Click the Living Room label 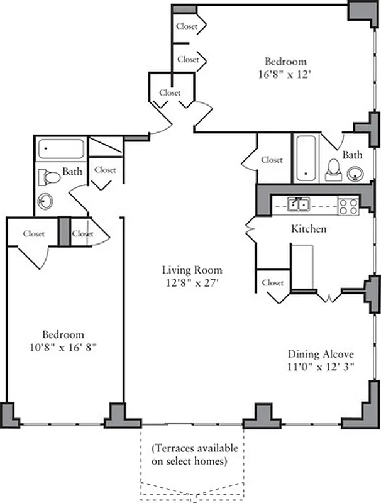click(x=192, y=270)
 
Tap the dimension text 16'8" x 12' click(x=285, y=74)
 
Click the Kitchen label click(x=308, y=229)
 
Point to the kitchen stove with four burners click(x=348, y=206)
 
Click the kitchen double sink click(x=298, y=204)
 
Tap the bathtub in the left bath click(x=61, y=150)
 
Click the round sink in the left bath click(x=47, y=202)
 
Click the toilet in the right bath click(x=333, y=168)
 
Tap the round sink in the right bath click(x=355, y=172)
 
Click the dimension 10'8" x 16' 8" click(x=63, y=346)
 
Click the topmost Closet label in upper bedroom click(x=187, y=26)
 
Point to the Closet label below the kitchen click(x=273, y=283)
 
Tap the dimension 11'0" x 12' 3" click(x=322, y=367)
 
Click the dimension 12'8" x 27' click(x=192, y=283)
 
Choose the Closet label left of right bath click(x=272, y=160)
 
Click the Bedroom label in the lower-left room click(x=63, y=334)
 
